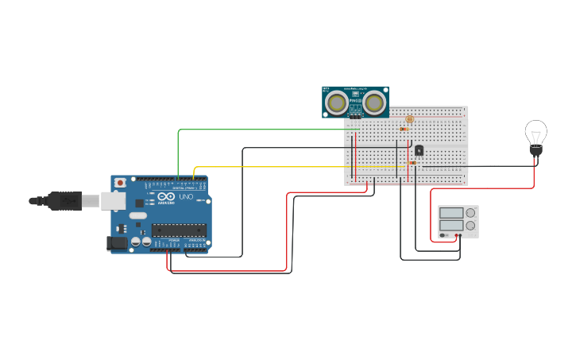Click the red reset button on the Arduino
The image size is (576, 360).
tap(120, 182)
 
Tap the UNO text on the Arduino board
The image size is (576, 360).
tap(186, 197)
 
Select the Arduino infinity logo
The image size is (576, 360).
tap(166, 196)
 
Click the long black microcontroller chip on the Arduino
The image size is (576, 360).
tap(179, 230)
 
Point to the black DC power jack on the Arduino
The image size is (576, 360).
tap(117, 243)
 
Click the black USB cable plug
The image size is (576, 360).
tap(64, 201)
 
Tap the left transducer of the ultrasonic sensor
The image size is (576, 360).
tap(337, 103)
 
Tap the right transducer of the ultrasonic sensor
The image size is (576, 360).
tap(374, 103)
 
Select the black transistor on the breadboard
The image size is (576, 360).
tap(419, 150)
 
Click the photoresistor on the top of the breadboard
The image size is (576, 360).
tap(410, 119)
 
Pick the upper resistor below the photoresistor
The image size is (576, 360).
tap(404, 128)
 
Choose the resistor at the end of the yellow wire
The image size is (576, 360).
tap(411, 163)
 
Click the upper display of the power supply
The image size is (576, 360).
tap(451, 213)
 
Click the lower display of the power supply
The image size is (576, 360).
tap(451, 226)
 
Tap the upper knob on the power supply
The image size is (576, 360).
tap(471, 213)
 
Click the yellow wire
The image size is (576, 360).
tap(270, 167)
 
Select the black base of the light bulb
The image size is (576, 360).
tap(535, 149)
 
